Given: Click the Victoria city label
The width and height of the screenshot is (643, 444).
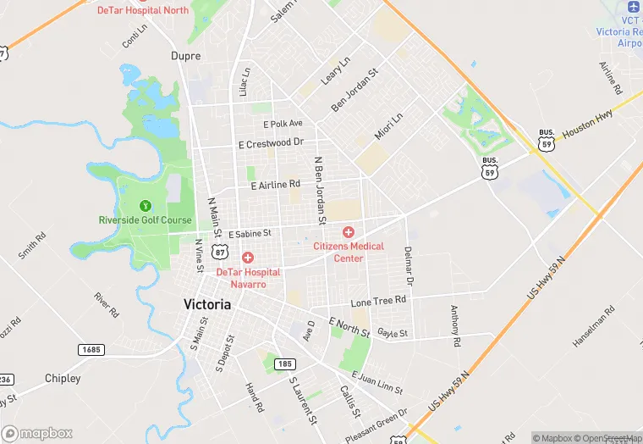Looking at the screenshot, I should pyautogui.click(x=207, y=304).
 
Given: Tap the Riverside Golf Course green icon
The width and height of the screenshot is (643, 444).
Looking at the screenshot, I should pyautogui.click(x=145, y=205).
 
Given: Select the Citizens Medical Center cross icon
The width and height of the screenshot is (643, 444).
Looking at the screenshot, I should pyautogui.click(x=348, y=232).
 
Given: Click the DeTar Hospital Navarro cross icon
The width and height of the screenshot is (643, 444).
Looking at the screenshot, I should pyautogui.click(x=248, y=258).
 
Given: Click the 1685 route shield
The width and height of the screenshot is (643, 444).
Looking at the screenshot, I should pyautogui.click(x=91, y=349).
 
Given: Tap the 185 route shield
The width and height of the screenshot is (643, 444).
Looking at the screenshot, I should pyautogui.click(x=284, y=364).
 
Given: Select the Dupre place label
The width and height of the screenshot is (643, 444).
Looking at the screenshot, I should pyautogui.click(x=185, y=56).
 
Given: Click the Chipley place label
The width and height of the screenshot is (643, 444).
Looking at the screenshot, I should pyautogui.click(x=63, y=378).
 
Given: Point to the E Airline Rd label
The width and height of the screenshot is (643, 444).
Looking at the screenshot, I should pyautogui.click(x=276, y=184).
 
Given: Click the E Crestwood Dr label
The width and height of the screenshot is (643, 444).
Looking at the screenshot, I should pyautogui.click(x=271, y=143).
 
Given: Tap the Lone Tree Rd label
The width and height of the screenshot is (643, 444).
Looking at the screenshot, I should pyautogui.click(x=379, y=301).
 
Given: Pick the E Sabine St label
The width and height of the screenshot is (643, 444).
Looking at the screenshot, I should pyautogui.click(x=249, y=232).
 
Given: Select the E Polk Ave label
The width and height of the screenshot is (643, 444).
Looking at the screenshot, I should pyautogui.click(x=283, y=123).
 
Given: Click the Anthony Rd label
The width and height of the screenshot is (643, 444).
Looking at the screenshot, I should pyautogui.click(x=455, y=325).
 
